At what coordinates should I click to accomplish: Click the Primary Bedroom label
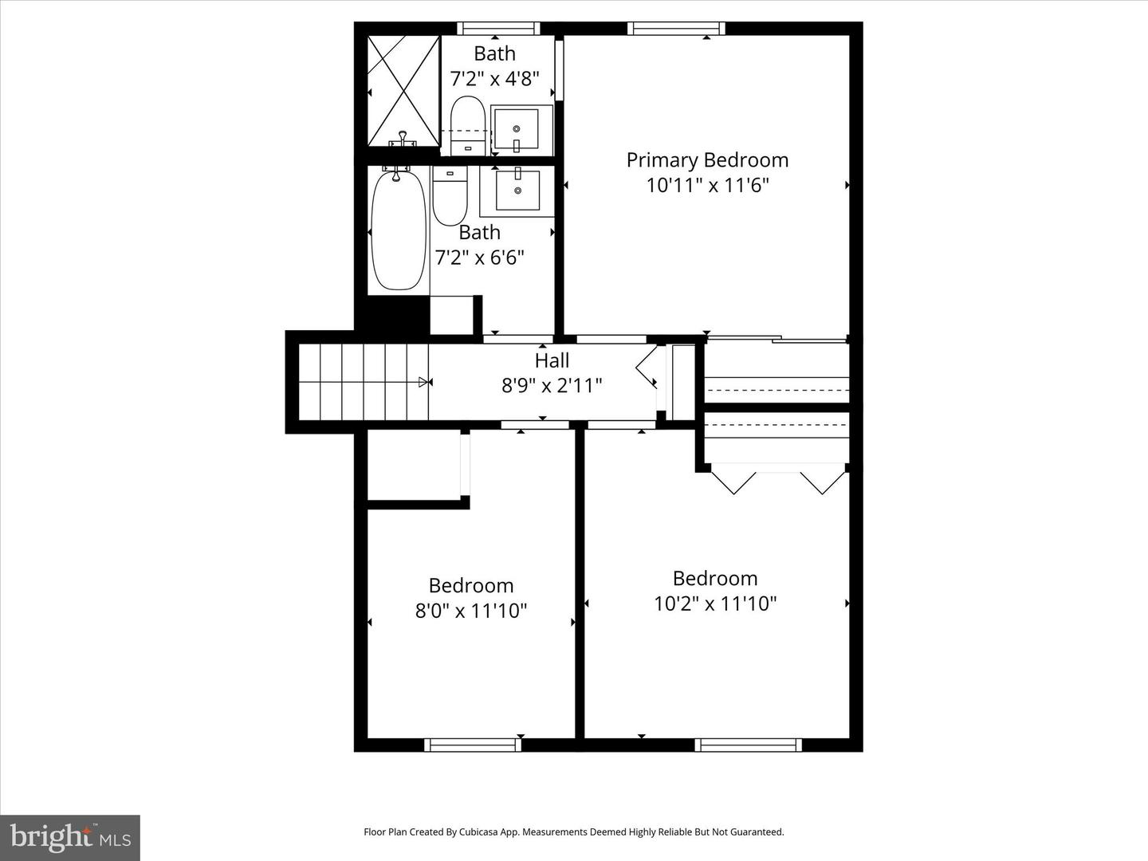707,159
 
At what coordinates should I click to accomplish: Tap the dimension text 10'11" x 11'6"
707,185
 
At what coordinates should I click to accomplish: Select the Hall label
552,360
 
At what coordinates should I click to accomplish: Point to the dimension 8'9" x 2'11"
552,386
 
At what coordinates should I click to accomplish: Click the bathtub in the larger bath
399,230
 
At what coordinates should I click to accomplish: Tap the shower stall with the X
403,91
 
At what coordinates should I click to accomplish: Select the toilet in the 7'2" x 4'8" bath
468,125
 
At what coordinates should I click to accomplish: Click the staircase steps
364,382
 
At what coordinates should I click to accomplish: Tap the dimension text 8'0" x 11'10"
471,611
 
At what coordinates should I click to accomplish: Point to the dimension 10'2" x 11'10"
715,603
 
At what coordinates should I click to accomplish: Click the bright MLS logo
70,837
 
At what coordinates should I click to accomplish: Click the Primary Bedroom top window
676,29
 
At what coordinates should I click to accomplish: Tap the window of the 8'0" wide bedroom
473,745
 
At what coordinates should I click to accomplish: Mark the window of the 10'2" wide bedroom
748,745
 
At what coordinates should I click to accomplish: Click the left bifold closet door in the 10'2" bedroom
733,482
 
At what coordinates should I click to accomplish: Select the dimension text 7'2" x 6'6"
479,258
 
